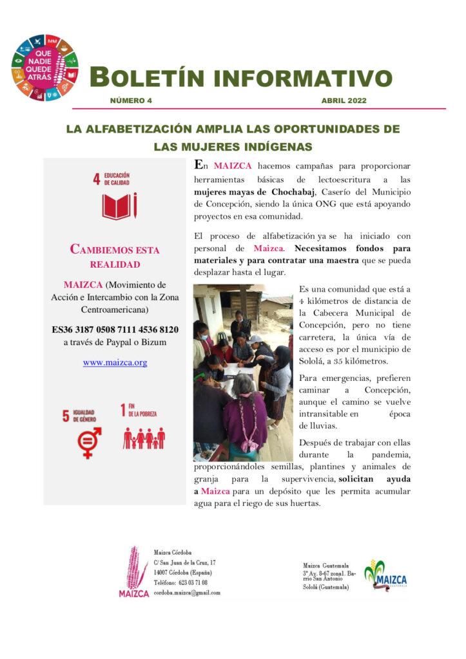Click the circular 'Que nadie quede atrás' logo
[x=44, y=68]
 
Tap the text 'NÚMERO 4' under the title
[x=131, y=101]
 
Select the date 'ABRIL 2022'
[x=344, y=101]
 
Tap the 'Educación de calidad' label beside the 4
[x=117, y=178]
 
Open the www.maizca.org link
[x=115, y=362]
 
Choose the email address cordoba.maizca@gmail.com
[x=187, y=593]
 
